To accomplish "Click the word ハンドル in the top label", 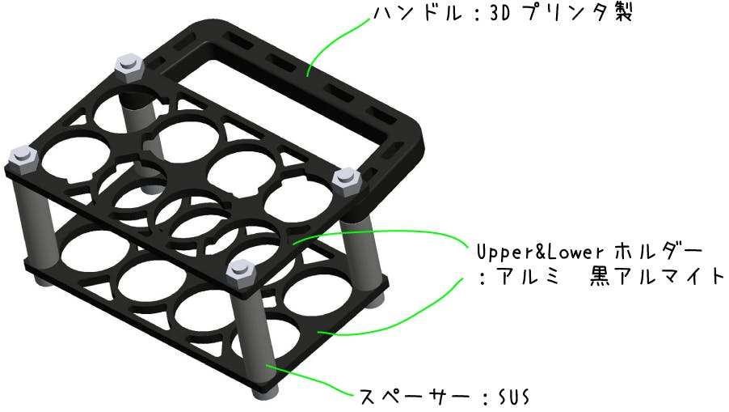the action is pyautogui.click(x=418, y=14).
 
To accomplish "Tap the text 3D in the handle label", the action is pyautogui.click(x=499, y=14).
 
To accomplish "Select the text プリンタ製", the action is pyautogui.click(x=576, y=13).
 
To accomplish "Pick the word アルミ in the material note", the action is pyautogui.click(x=529, y=278).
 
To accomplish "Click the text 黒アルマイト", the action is pyautogui.click(x=656, y=277).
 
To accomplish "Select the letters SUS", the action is pyautogui.click(x=514, y=397).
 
